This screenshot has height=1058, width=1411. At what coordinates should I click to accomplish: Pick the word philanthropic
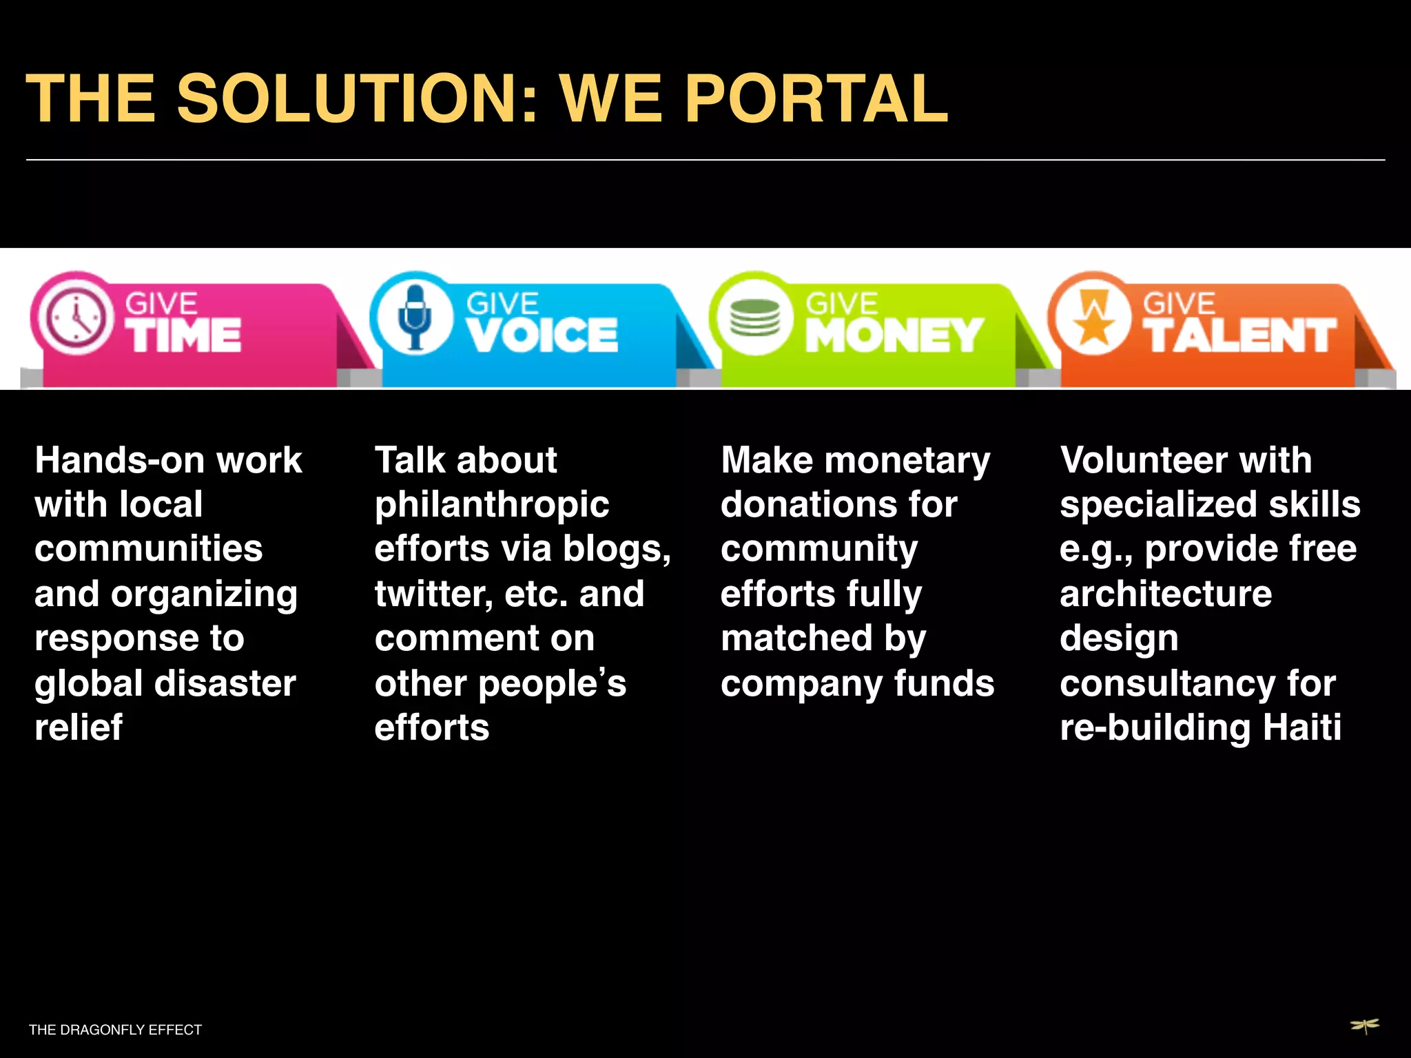pos(491,506)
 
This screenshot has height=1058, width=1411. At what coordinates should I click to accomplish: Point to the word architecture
pos(1166,594)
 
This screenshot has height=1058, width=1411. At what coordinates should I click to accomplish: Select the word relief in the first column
pos(79,727)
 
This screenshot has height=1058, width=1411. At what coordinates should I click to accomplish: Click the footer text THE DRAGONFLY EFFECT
pos(115,1030)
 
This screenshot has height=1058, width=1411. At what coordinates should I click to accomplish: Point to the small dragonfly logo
pos(1364,1026)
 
